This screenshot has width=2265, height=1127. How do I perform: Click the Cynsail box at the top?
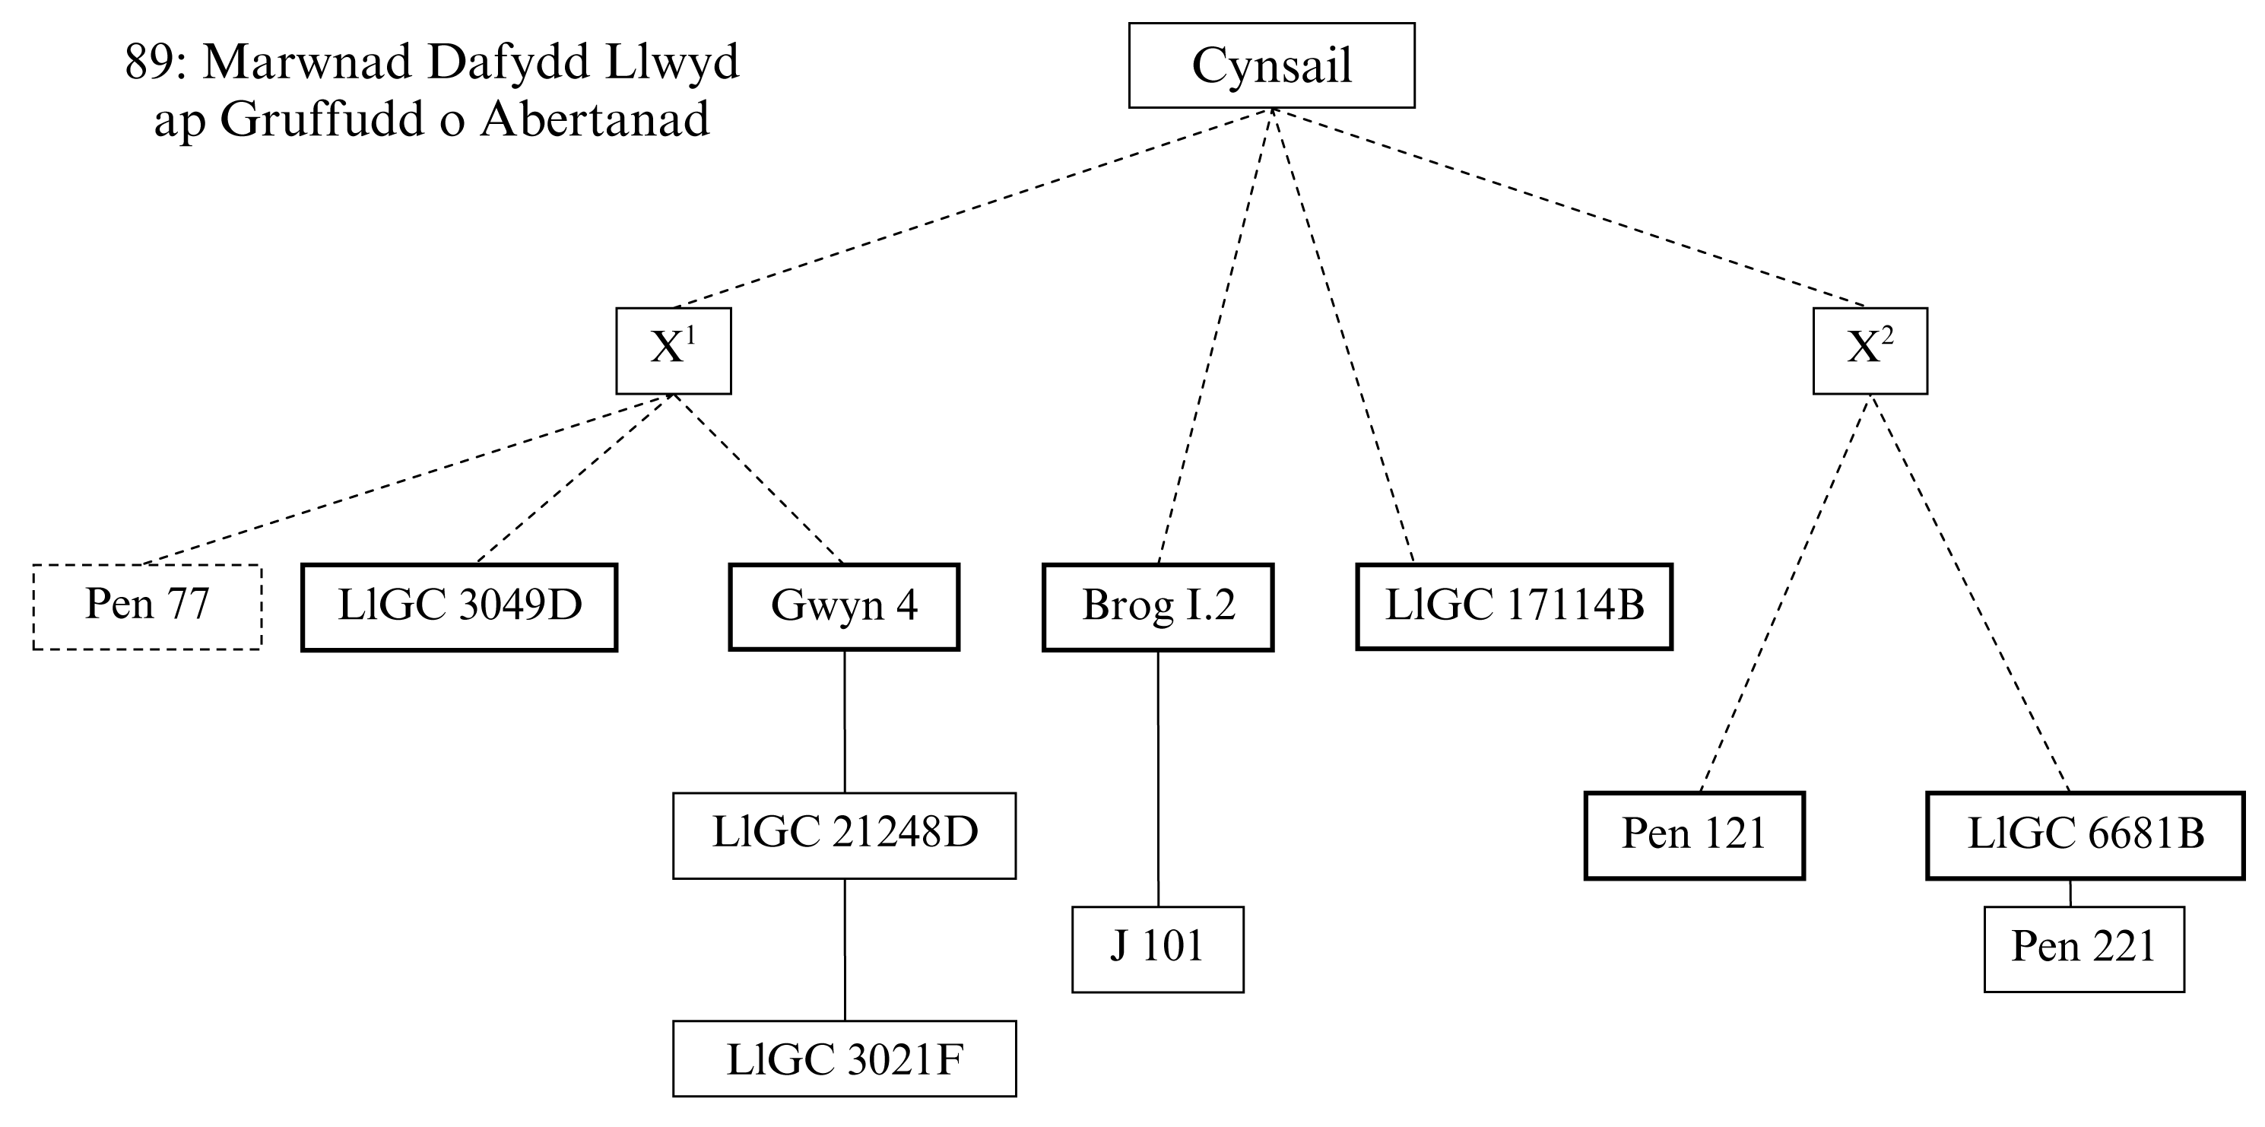[x=1270, y=66]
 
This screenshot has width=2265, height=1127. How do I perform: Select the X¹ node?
[x=673, y=350]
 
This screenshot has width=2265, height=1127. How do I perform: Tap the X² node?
[x=1870, y=350]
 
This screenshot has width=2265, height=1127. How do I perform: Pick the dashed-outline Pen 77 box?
[x=147, y=607]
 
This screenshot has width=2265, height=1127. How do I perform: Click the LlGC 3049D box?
[x=459, y=607]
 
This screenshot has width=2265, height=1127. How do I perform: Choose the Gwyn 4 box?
[x=843, y=607]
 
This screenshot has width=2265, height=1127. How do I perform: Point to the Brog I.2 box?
[x=1157, y=607]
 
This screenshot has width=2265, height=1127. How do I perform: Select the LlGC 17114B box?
[x=1513, y=607]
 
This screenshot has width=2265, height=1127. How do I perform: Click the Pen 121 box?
[x=1693, y=835]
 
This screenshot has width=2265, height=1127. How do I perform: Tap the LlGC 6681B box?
[x=2085, y=835]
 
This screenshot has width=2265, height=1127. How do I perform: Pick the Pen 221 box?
[x=2083, y=948]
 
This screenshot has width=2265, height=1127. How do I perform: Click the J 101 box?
[x=1157, y=948]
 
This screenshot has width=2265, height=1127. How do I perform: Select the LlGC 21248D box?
[x=844, y=835]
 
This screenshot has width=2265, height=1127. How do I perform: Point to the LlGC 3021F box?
[x=844, y=1059]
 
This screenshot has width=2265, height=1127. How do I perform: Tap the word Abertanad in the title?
[x=595, y=120]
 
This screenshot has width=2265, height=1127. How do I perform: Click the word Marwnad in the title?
[x=309, y=63]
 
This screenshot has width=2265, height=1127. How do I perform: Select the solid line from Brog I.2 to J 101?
[x=1157, y=778]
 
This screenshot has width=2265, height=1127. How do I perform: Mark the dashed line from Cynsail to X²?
[x=1569, y=208]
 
